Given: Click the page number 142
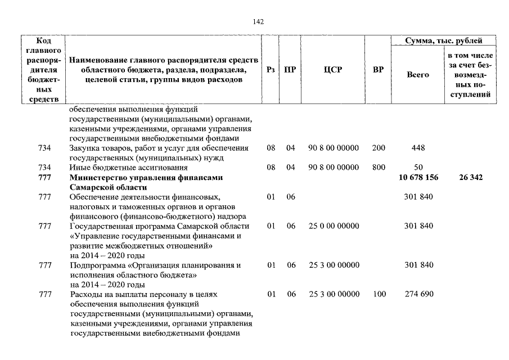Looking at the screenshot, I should click(258, 22).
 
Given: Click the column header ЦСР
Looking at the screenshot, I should click(334, 70).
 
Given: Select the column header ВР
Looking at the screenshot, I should click(378, 70).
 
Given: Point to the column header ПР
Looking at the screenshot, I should click(291, 70).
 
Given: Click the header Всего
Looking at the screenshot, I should click(417, 74).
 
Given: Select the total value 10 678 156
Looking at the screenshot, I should click(418, 178).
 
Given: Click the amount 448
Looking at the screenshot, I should click(418, 148).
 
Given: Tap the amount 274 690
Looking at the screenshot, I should click(418, 294).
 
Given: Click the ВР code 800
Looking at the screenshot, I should click(379, 168).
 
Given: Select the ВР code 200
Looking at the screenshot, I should click(379, 148).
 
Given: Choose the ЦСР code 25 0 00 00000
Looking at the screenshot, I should click(334, 226).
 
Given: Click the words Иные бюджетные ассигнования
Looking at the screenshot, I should click(128, 168).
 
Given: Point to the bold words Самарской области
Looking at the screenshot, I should click(108, 187).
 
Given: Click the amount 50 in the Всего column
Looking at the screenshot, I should click(418, 168).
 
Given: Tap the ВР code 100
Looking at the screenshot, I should click(379, 294).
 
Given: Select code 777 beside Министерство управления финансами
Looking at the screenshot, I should click(44, 178).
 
